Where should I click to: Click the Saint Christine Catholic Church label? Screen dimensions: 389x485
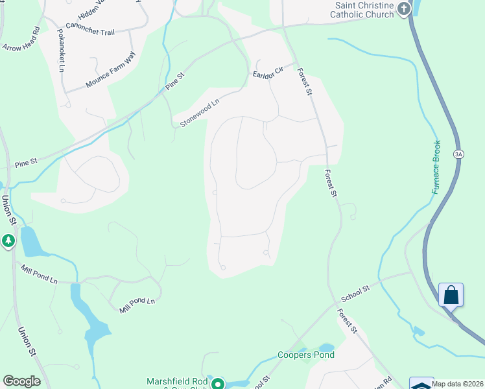364,10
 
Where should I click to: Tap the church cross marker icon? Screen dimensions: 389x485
404,8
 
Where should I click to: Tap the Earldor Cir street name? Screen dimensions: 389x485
268,73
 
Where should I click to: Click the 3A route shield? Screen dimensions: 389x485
459,154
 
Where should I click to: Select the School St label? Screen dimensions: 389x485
355,294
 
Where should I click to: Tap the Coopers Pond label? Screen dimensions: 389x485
306,355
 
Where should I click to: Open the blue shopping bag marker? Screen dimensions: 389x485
451,295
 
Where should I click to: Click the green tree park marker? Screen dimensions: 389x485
8,241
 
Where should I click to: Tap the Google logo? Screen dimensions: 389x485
21,381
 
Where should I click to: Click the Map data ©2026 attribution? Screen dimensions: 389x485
458,384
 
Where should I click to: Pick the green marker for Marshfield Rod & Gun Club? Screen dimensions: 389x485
219,384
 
